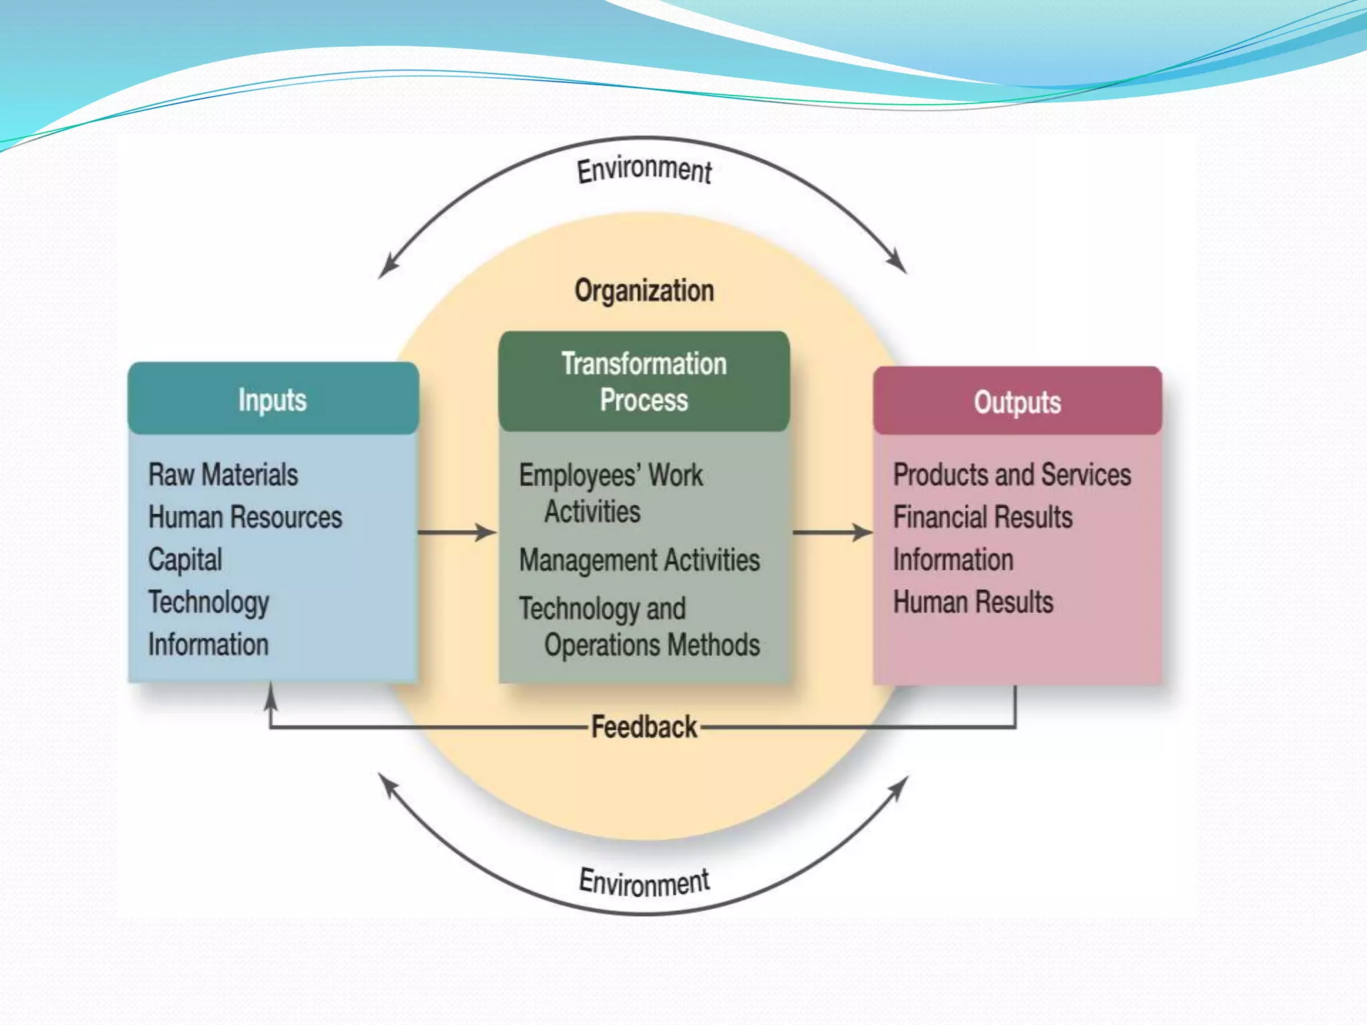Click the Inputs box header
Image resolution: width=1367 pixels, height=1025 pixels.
tap(272, 400)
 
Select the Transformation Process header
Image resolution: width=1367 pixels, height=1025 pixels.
tap(644, 382)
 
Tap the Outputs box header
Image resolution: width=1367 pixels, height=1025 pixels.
tap(1017, 402)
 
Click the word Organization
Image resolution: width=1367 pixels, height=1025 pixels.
tap(644, 291)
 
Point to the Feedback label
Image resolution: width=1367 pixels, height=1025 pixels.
tap(644, 727)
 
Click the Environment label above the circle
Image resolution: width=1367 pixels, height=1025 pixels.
tap(644, 169)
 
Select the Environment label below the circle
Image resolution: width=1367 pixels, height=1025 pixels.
tap(644, 882)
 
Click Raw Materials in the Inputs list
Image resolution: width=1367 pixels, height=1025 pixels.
tap(223, 475)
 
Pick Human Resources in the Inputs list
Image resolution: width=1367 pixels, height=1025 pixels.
tap(245, 517)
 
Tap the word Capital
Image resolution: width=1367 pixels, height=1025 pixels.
tap(185, 559)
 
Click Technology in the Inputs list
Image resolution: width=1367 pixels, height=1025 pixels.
tap(208, 602)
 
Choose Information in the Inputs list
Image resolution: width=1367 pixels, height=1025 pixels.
tap(208, 645)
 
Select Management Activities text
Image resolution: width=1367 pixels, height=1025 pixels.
tap(639, 560)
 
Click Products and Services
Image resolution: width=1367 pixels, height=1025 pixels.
tap(1012, 475)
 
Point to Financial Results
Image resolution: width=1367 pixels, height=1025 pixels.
tap(983, 517)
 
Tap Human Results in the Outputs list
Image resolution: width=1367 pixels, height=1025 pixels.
tap(973, 602)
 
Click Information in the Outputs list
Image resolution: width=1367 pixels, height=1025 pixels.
tap(953, 559)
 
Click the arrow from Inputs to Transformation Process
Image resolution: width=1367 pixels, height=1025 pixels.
tap(458, 533)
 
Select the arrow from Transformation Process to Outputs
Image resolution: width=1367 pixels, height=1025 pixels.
tap(833, 533)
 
